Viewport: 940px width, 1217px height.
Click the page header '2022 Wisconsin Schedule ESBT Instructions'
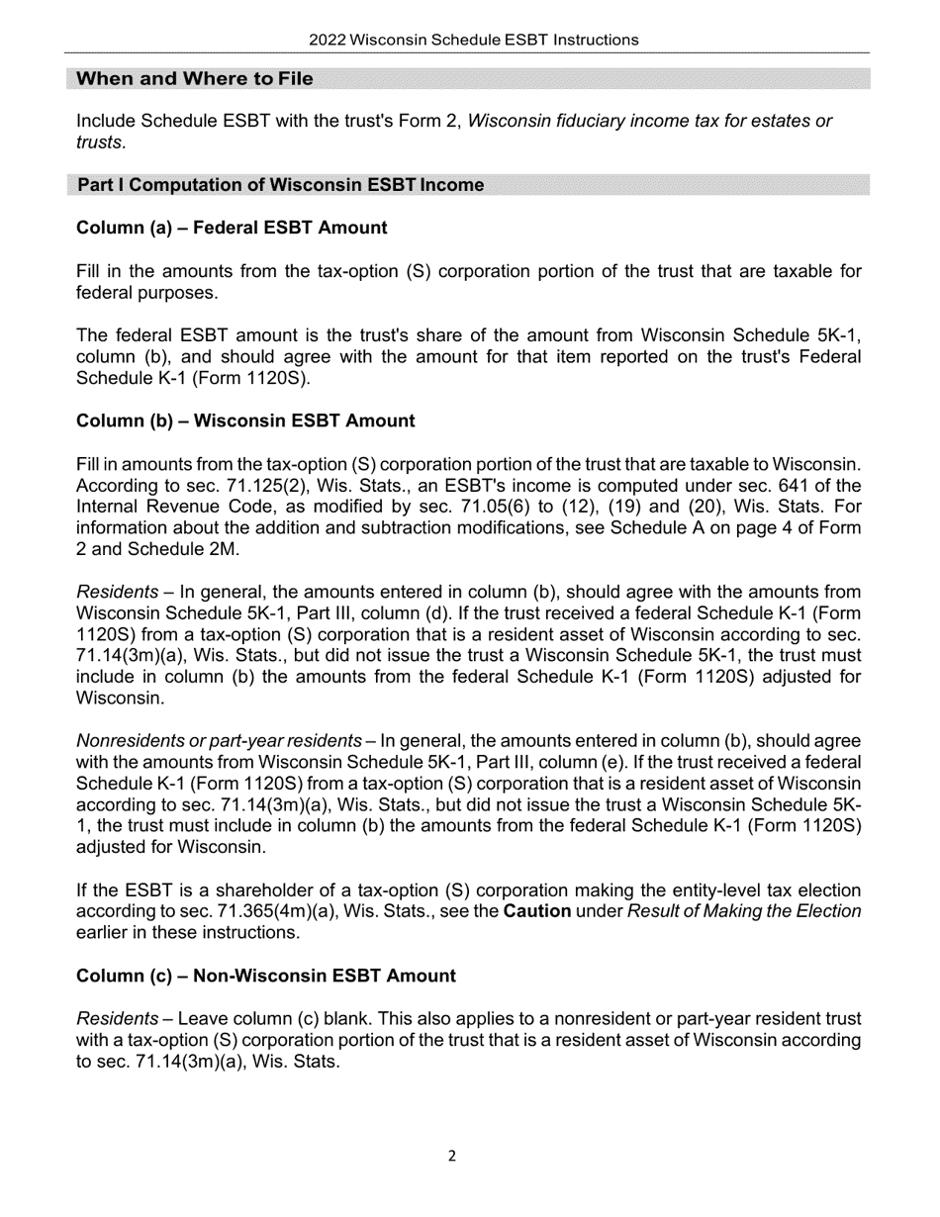click(473, 40)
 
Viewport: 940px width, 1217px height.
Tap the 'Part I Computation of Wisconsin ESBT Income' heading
click(280, 185)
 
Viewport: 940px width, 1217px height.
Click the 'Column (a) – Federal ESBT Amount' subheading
click(232, 228)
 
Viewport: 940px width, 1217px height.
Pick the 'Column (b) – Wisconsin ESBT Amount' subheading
click(245, 421)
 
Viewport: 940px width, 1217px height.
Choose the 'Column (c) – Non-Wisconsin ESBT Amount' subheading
click(266, 976)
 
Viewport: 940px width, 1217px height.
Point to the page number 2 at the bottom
click(452, 1156)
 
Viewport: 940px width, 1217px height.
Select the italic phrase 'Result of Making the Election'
click(744, 911)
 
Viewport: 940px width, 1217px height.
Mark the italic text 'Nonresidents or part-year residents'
click(219, 741)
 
